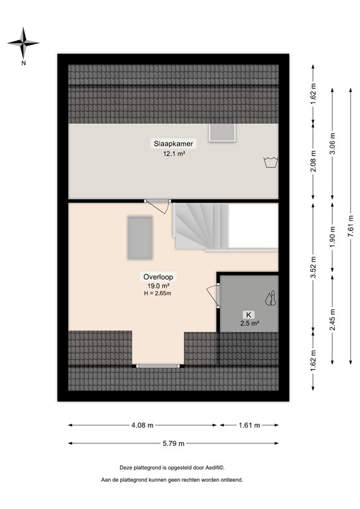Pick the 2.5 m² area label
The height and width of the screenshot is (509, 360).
(x=249, y=323)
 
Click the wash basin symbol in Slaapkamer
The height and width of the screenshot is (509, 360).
(x=270, y=162)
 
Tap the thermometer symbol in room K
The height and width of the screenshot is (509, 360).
(x=270, y=298)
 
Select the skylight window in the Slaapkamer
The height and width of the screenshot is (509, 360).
(x=221, y=133)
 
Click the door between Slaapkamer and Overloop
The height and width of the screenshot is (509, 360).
(x=158, y=206)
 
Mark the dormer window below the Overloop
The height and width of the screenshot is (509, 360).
(x=157, y=365)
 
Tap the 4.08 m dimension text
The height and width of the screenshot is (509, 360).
(x=142, y=425)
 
